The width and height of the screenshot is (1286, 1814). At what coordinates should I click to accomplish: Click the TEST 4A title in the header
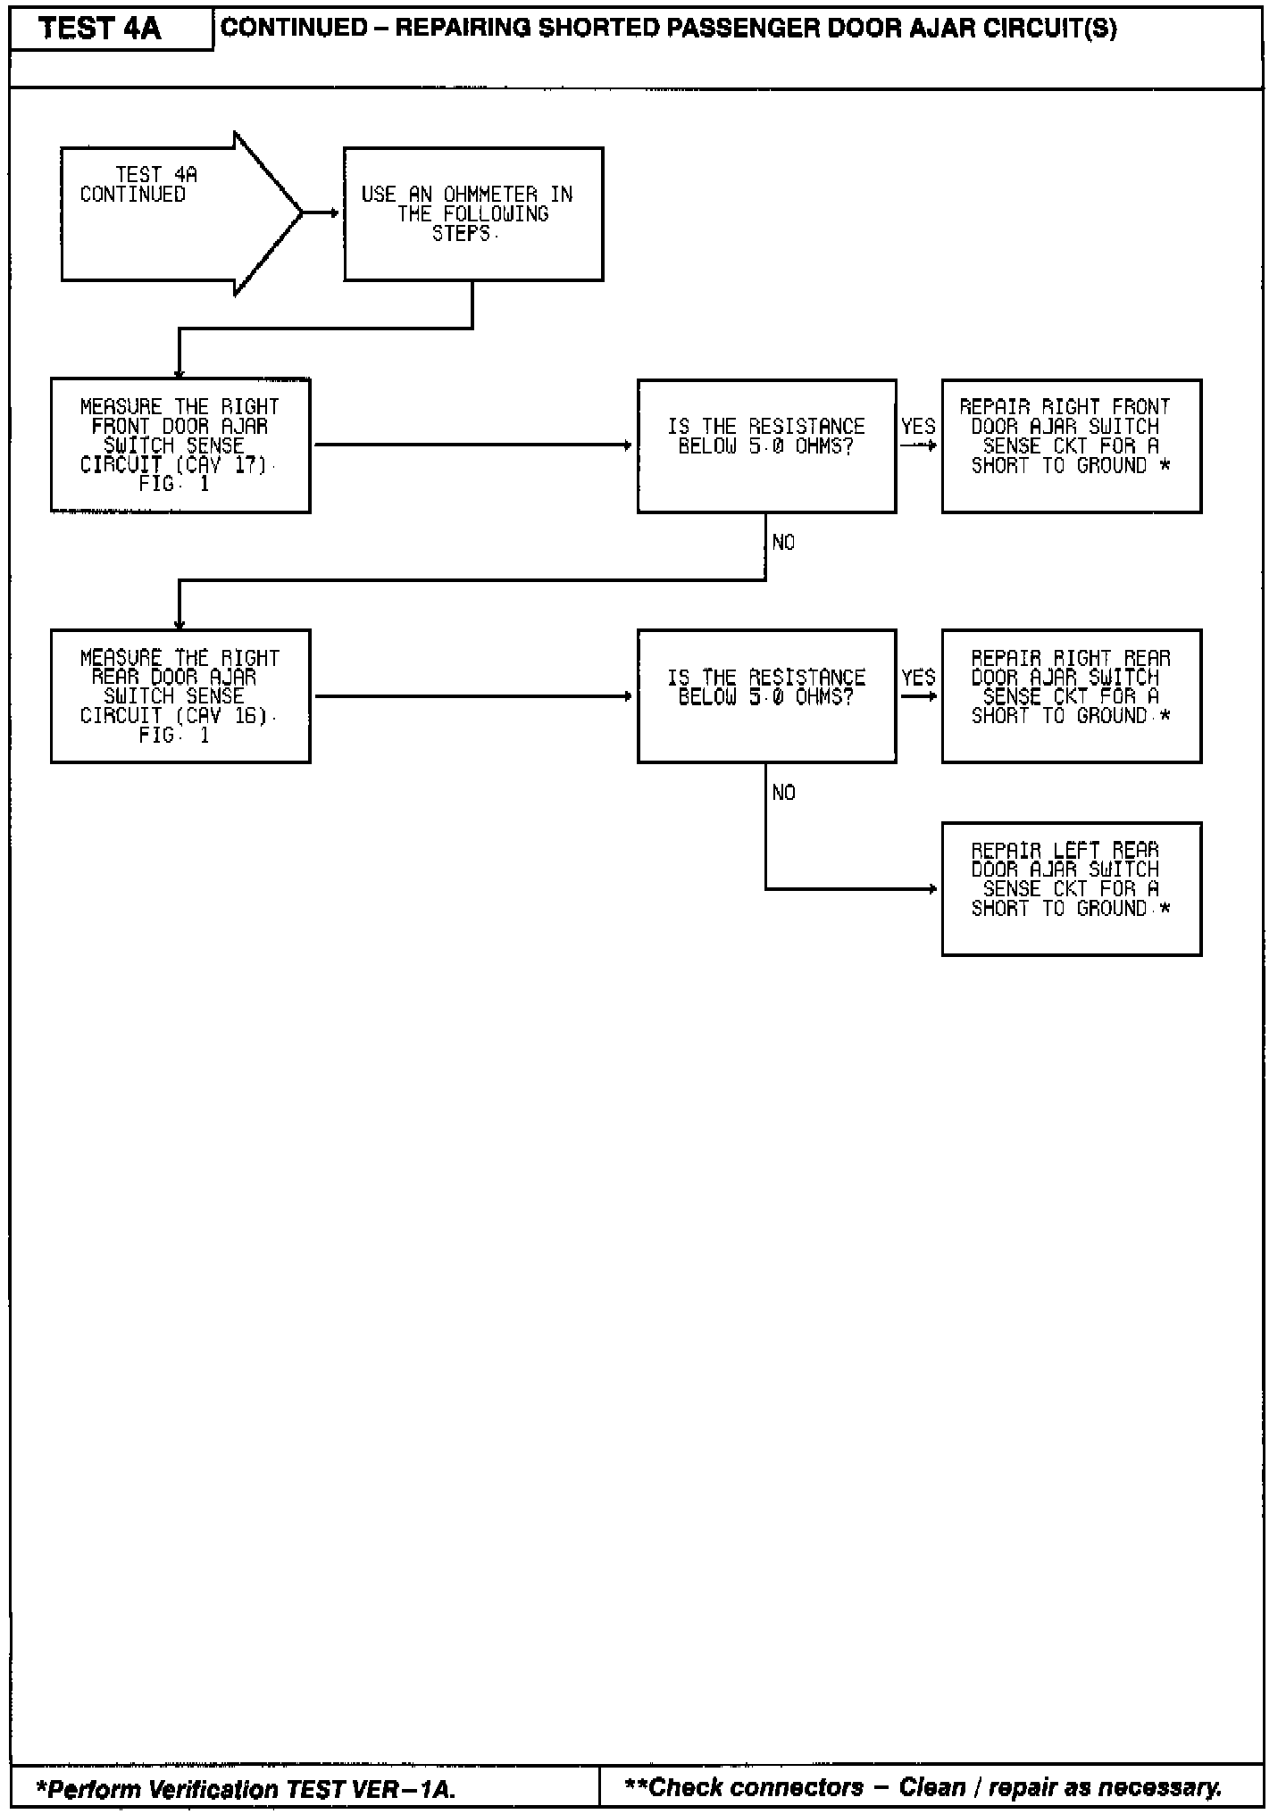100,29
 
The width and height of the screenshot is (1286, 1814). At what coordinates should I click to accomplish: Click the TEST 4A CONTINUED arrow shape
170,214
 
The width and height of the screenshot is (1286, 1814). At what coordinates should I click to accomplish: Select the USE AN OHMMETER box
473,214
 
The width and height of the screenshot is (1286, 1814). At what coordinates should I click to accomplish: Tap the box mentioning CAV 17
180,445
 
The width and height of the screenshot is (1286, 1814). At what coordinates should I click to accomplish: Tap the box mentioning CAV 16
180,696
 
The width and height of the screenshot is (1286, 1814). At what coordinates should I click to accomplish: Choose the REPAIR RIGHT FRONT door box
1071,445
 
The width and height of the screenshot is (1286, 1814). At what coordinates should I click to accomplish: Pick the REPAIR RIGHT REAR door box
1071,696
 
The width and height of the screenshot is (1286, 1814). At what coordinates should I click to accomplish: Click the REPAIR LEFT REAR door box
1071,889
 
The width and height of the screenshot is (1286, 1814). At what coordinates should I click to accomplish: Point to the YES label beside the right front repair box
918,427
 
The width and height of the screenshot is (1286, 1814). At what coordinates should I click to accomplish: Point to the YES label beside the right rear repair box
918,678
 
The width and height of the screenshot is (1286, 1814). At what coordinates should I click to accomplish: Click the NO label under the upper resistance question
783,543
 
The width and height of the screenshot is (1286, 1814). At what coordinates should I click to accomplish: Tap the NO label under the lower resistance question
783,793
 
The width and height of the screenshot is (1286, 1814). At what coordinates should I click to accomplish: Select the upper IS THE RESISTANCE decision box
766,445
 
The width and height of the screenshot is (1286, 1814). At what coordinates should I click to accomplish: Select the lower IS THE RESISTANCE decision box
766,696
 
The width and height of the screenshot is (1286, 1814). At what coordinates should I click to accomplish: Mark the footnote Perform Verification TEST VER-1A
246,1789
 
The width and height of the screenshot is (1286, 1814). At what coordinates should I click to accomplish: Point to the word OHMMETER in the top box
490,195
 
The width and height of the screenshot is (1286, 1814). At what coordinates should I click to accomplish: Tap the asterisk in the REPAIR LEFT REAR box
1164,909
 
